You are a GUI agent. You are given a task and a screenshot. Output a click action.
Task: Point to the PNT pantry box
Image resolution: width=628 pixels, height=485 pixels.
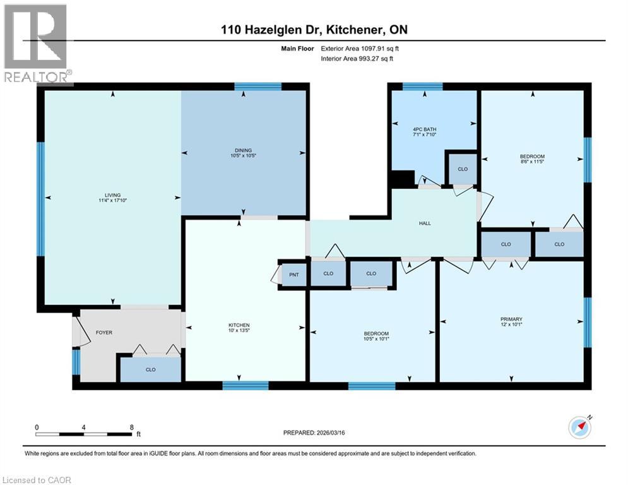(293, 275)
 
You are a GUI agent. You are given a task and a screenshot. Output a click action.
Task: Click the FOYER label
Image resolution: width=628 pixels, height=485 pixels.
(104, 332)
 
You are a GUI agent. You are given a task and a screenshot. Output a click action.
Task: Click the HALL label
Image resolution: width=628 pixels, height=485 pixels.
(424, 223)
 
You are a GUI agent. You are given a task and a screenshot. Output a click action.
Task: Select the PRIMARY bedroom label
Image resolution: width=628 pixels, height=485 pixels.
(512, 319)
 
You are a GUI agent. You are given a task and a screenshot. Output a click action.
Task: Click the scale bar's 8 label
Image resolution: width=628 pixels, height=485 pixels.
(131, 427)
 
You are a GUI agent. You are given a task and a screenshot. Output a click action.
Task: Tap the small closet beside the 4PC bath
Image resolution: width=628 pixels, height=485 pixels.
(462, 169)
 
